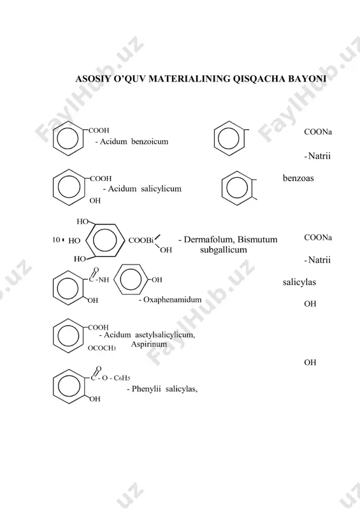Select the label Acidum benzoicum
pos(134,142)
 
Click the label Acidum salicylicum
pos(145,189)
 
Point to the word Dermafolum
pos(209,240)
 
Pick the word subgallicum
pos(224,250)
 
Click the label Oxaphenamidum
pos(173,300)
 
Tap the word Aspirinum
pos(149,344)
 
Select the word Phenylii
pos(147,389)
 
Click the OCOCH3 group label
pos(102,348)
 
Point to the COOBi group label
pos(141,240)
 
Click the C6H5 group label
pos(122,378)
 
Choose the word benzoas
pos(298,178)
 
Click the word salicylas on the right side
pos(299,282)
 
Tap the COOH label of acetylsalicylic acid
pos(98,327)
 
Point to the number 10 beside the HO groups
pos(56,240)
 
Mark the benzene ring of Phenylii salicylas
pos(54,386)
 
